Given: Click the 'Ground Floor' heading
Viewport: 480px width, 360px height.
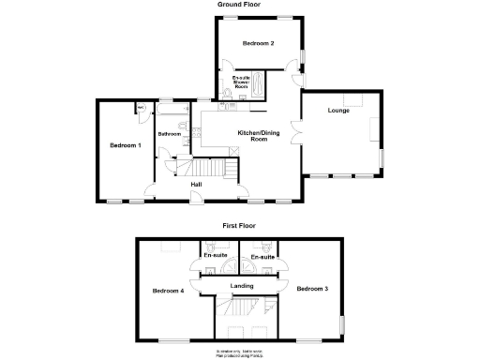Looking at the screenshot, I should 239,5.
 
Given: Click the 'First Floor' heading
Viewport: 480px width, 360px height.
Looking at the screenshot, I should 239,226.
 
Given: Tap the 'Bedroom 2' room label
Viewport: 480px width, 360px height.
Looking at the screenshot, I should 258,44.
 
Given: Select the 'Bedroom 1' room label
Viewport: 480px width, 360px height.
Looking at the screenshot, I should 125,145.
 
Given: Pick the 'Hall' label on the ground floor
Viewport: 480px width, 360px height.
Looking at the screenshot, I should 196,185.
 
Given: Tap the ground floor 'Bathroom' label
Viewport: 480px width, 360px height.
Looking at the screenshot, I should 170,134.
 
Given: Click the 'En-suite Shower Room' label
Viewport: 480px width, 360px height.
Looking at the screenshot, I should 241,82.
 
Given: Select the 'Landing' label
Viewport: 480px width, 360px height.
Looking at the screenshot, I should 242,285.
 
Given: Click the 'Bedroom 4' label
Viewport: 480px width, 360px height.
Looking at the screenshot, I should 168,291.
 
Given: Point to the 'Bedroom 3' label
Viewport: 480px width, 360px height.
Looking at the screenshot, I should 312,288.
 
